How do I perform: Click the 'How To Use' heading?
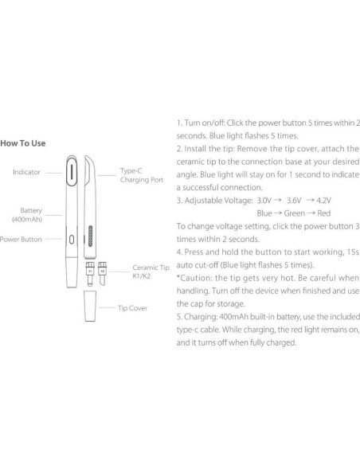pyautogui.click(x=23, y=144)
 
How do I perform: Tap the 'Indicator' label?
pyautogui.click(x=27, y=171)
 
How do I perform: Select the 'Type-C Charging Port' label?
pyautogui.click(x=141, y=175)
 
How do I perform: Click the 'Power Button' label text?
pyautogui.click(x=21, y=238)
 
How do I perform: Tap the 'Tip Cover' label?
pyautogui.click(x=132, y=307)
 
